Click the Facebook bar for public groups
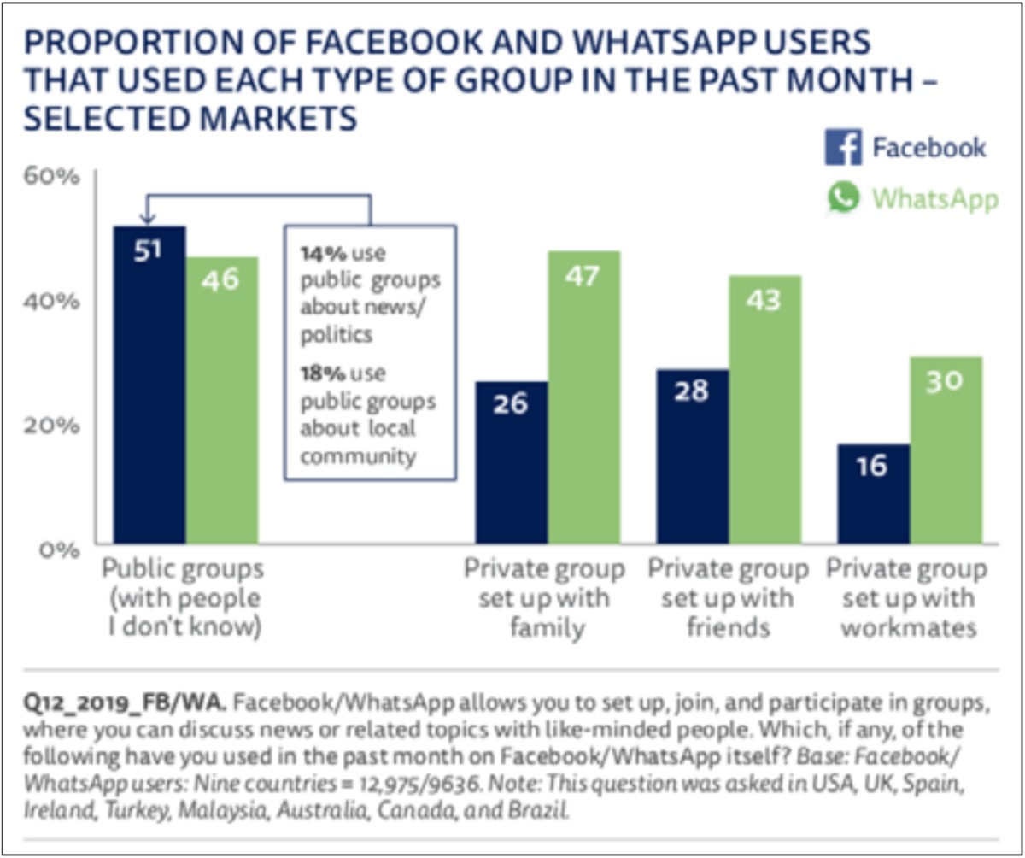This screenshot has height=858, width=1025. tap(149, 385)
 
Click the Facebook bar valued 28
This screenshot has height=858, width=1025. tap(693, 456)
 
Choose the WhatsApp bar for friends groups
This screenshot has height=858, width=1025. tap(764, 409)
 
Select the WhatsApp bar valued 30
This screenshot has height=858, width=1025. tap(946, 450)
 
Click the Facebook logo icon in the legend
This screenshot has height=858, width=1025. tap(843, 148)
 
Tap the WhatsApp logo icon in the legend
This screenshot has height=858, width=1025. tap(843, 198)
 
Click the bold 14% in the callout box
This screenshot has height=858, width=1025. tap(316, 254)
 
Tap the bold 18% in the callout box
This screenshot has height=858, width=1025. tap(316, 374)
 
